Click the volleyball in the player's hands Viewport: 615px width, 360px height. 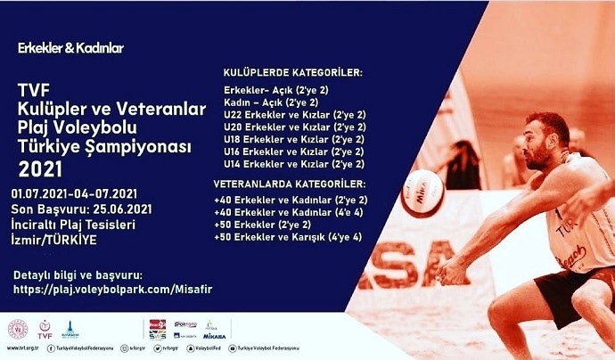pyautogui.click(x=422, y=192)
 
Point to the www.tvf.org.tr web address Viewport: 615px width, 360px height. pyautogui.click(x=21, y=348)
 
